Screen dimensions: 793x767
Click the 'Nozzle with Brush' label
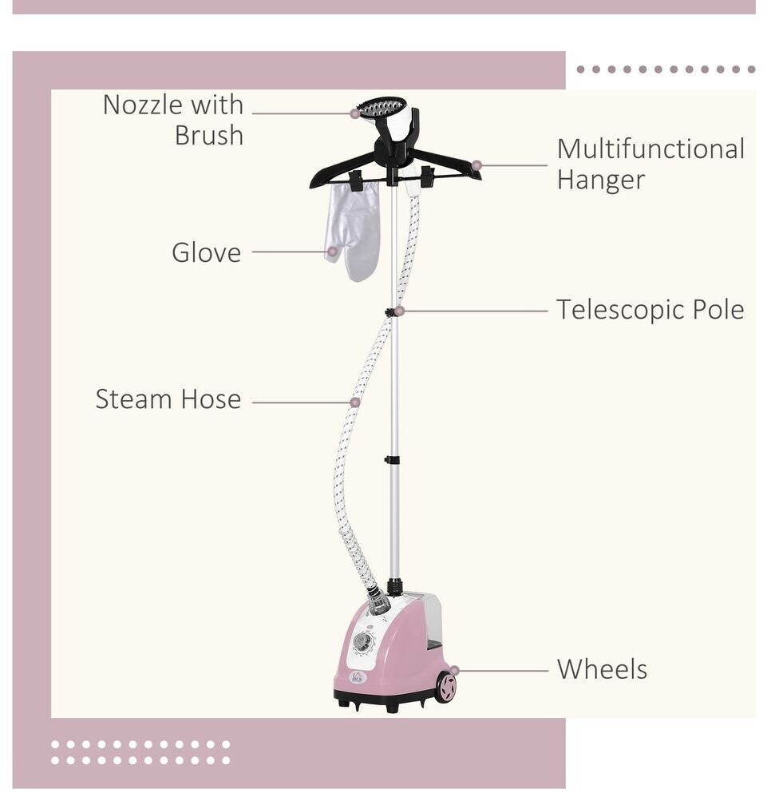pyautogui.click(x=174, y=120)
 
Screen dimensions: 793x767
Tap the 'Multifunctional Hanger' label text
pyautogui.click(x=650, y=164)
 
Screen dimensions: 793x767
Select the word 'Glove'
pyautogui.click(x=206, y=252)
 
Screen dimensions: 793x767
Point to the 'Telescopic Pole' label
pyautogui.click(x=650, y=310)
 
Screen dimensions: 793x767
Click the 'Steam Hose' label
pyautogui.click(x=168, y=399)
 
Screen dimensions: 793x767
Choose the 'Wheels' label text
pyautogui.click(x=602, y=669)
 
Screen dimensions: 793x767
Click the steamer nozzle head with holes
pyautogui.click(x=382, y=107)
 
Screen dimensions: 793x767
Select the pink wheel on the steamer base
pyautogui.click(x=445, y=687)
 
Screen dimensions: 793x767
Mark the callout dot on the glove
pyautogui.click(x=332, y=252)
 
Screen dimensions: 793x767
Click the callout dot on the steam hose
pyautogui.click(x=355, y=402)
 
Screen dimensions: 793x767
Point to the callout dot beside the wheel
pyautogui.click(x=454, y=671)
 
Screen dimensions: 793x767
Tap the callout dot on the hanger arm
pyautogui.click(x=476, y=165)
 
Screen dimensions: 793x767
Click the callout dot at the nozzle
pyautogui.click(x=355, y=113)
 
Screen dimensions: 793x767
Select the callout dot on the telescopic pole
pyautogui.click(x=399, y=311)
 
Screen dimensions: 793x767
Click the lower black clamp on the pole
pyautogui.click(x=392, y=460)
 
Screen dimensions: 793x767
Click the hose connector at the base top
pyautogui.click(x=378, y=601)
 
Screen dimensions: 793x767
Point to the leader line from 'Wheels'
pyautogui.click(x=503, y=671)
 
